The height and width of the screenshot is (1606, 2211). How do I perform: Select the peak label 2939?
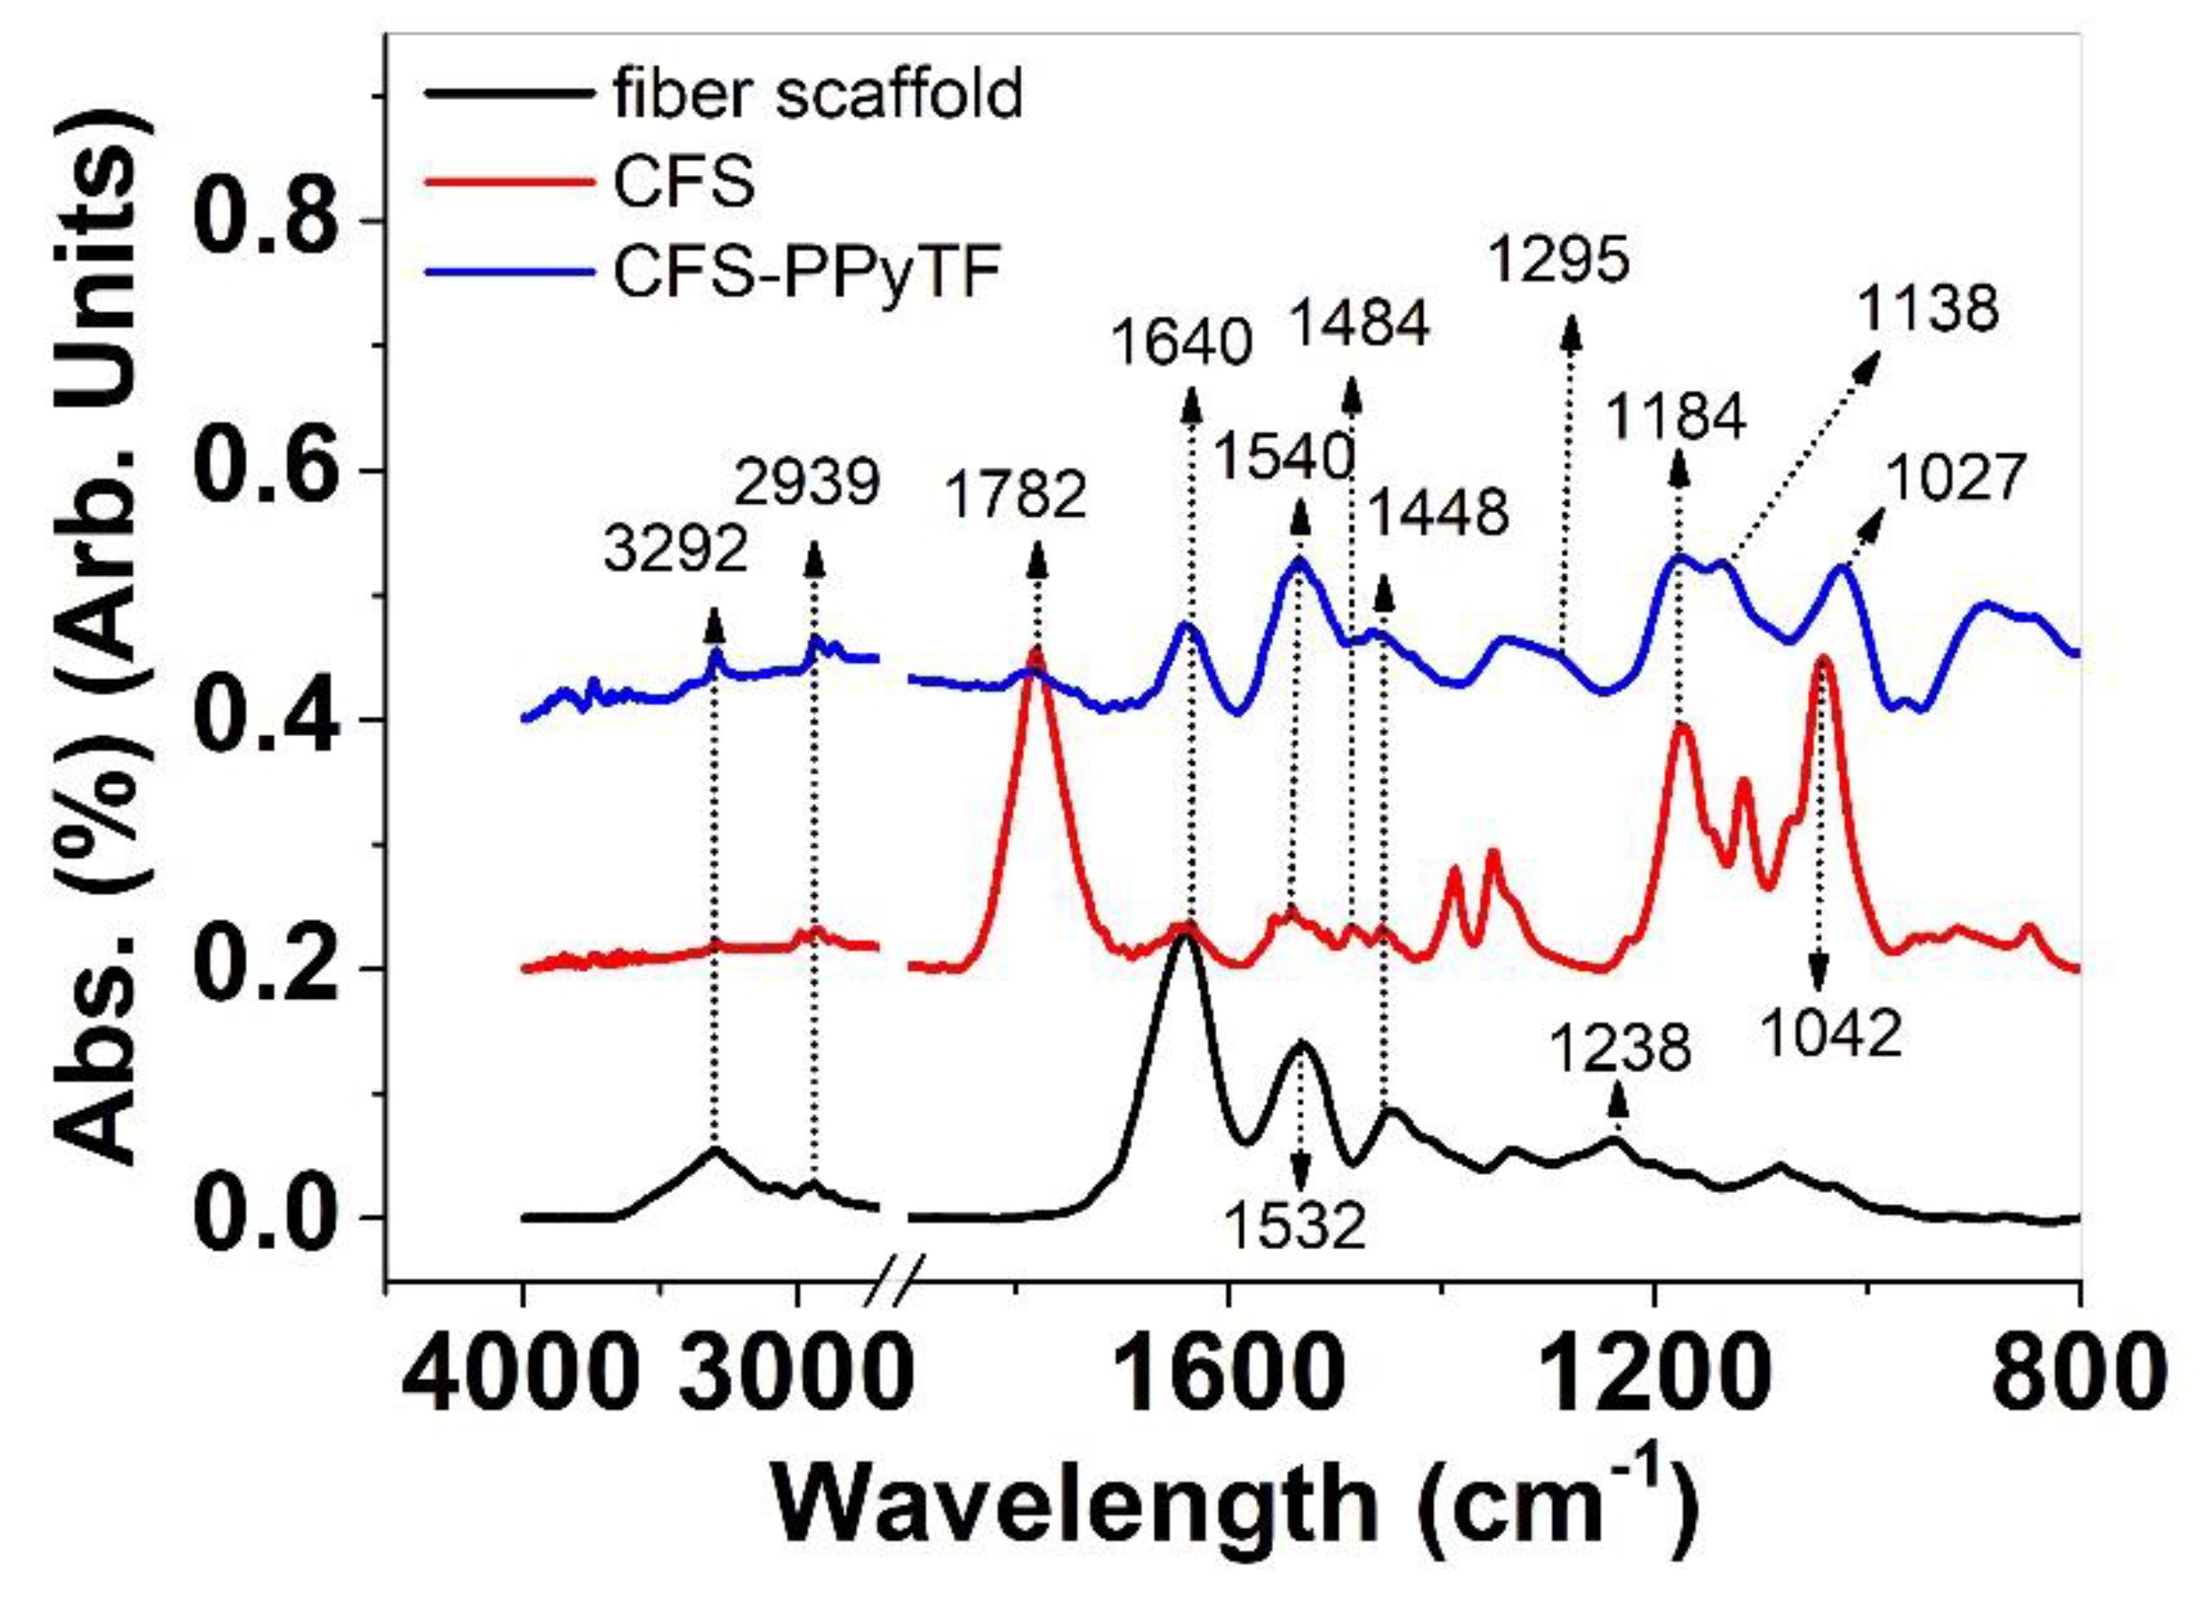tap(807, 483)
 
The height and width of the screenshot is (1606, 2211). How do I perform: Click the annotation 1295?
tap(1559, 261)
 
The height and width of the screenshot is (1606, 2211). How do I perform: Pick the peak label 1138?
tap(1928, 310)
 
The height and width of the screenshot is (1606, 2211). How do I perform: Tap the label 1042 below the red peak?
tap(1831, 1034)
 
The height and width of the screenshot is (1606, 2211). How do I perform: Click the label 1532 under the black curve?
tap(1294, 1227)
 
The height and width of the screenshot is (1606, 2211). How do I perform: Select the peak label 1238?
tap(1620, 1050)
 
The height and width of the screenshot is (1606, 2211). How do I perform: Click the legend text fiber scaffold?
tap(817, 94)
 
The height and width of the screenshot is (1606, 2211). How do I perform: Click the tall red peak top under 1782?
tap(1035, 653)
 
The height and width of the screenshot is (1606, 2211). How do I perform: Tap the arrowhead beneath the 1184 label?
tap(1679, 472)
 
